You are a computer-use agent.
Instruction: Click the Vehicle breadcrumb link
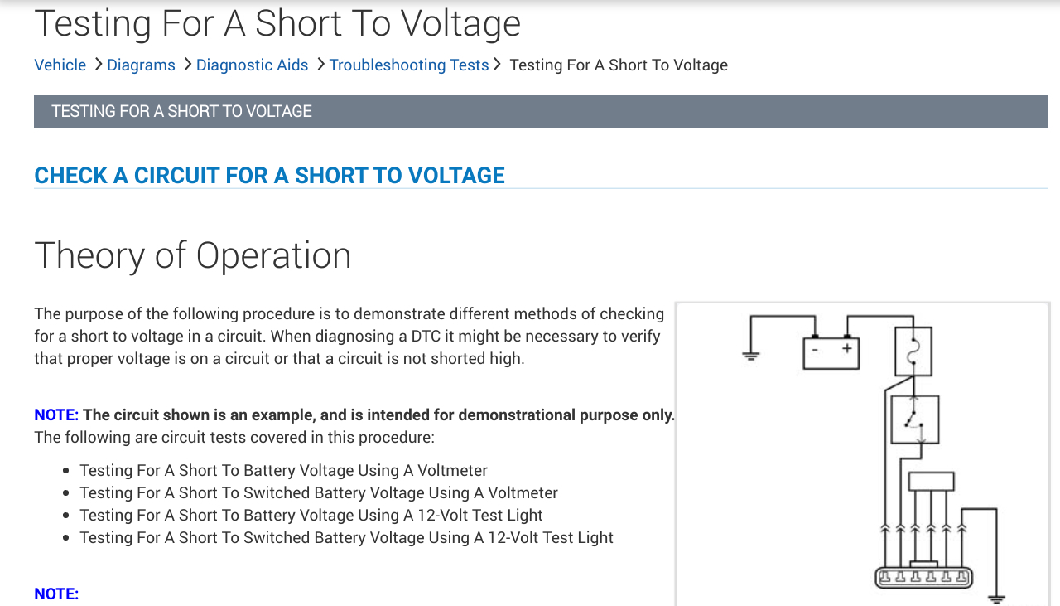[x=60, y=65]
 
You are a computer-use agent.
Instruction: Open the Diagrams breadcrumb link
[x=141, y=65]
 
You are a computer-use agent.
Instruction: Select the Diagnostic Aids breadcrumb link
[x=252, y=65]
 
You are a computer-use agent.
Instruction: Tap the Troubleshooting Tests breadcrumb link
[x=408, y=65]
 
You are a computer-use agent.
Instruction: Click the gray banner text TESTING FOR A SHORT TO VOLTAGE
[x=181, y=111]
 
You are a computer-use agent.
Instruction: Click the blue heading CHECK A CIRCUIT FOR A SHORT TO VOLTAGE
[x=269, y=175]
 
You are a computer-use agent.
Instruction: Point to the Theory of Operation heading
[x=192, y=255]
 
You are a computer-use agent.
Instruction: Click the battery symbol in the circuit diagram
[x=831, y=352]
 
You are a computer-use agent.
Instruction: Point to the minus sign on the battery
[x=815, y=349]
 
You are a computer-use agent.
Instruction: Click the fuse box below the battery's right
[x=913, y=351]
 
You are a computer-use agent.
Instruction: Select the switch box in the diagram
[x=914, y=419]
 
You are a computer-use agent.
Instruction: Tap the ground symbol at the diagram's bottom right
[x=995, y=598]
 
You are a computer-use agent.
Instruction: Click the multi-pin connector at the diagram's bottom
[x=923, y=577]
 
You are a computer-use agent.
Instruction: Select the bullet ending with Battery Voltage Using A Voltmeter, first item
[x=283, y=471]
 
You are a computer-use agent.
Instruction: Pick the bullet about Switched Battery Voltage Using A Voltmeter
[x=319, y=493]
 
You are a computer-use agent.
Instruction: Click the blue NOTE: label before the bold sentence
[x=56, y=415]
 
